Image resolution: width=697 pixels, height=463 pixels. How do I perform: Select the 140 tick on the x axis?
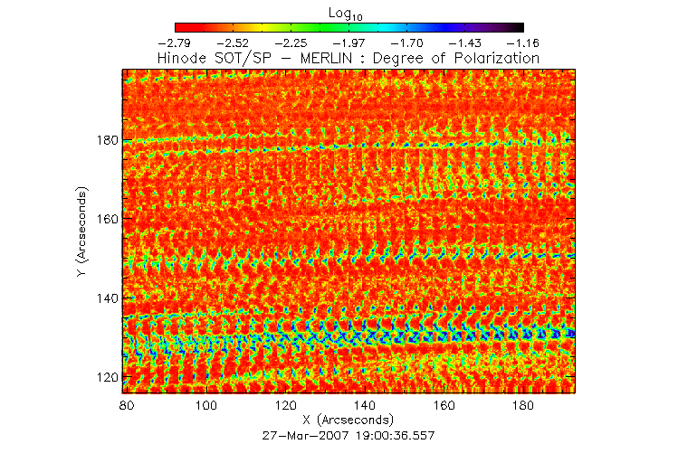365,407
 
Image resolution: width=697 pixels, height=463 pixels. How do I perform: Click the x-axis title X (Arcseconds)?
348,420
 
